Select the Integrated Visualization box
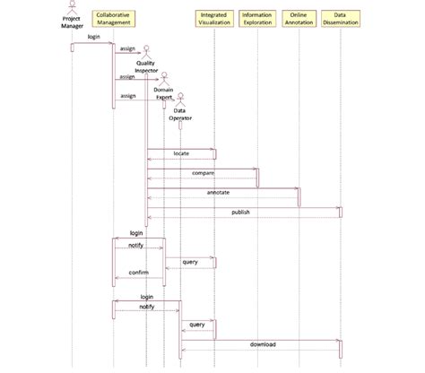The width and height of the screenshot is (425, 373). pyautogui.click(x=213, y=19)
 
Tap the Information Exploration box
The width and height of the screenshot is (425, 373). pyautogui.click(x=257, y=19)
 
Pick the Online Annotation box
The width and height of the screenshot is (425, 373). pyautogui.click(x=299, y=19)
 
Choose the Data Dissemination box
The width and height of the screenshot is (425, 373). pyautogui.click(x=341, y=19)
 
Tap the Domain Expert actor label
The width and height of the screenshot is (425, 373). pyautogui.click(x=163, y=93)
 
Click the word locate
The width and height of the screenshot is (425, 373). pyautogui.click(x=181, y=154)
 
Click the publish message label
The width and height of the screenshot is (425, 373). pyautogui.click(x=240, y=212)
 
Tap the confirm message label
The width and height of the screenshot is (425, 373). pyautogui.click(x=138, y=272)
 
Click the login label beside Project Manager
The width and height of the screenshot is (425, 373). pyautogui.click(x=93, y=37)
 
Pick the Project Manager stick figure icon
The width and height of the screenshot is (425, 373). pyautogui.click(x=71, y=7)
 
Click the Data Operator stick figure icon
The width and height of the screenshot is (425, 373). pyautogui.click(x=179, y=98)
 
